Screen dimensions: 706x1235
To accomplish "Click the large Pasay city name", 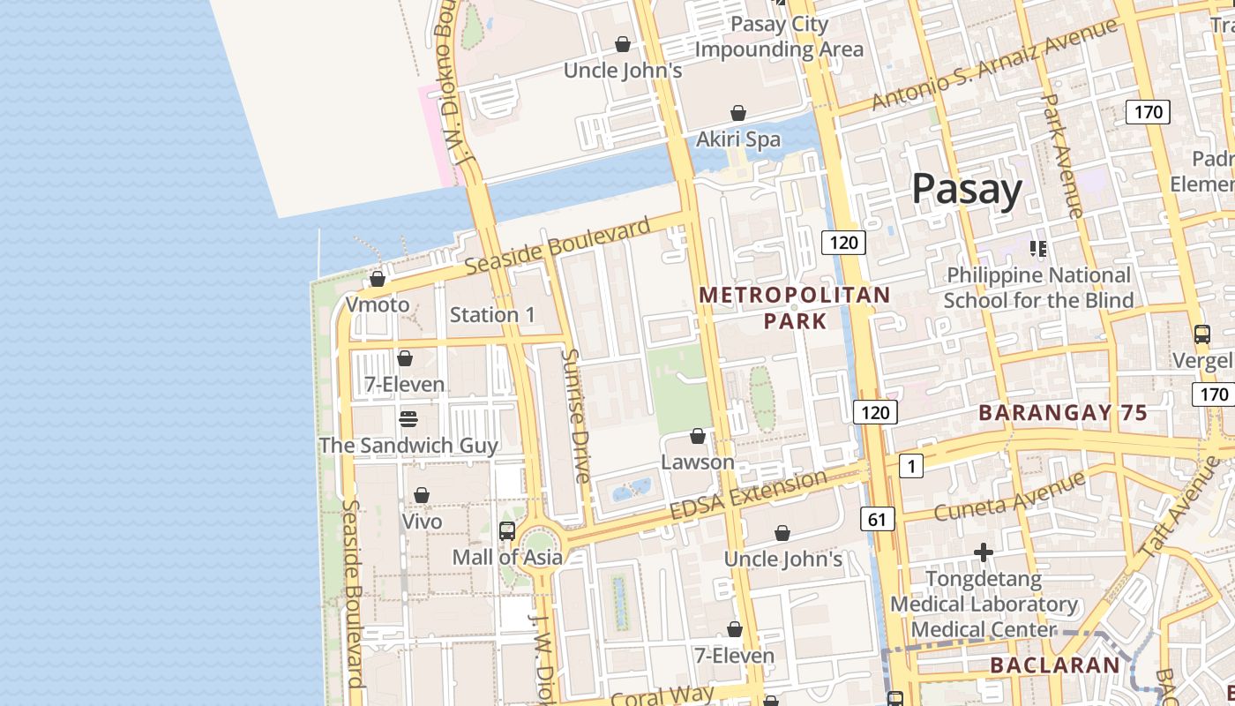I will (966, 189).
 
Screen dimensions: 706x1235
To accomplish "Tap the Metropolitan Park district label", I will (795, 307).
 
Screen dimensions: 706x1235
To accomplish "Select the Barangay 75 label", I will (1063, 412).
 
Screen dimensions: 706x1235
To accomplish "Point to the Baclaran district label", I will (1054, 665).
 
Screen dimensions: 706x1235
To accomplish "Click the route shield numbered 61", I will (876, 519).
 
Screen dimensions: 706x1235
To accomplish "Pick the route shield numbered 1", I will (911, 465).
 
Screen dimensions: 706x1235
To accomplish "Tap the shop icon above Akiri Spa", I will (738, 113).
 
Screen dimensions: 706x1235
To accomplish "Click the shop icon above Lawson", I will (697, 436).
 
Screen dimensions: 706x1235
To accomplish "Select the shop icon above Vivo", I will (422, 495).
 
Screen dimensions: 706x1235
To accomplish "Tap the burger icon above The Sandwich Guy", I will (408, 418).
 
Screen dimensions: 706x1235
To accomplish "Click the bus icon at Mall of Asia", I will (506, 530).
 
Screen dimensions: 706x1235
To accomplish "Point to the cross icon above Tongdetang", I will (984, 552).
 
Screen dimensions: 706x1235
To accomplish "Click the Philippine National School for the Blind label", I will (1038, 288).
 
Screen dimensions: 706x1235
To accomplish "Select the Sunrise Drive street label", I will (574, 416).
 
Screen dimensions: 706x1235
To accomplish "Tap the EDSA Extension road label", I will (748, 496).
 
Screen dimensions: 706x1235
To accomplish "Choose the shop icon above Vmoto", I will (378, 279).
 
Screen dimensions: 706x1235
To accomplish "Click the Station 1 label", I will (492, 315).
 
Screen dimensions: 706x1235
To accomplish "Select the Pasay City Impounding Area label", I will (779, 36).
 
